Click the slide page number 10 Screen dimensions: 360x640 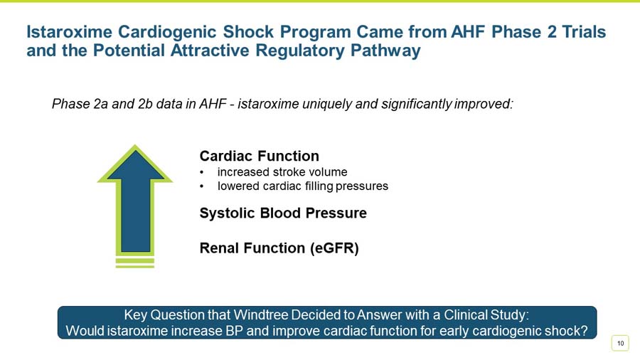pyautogui.click(x=621, y=344)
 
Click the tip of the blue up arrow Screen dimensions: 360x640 pyautogui.click(x=135, y=147)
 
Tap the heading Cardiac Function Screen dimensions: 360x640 pyautogui.click(x=259, y=156)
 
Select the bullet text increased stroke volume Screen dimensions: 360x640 pyautogui.click(x=282, y=172)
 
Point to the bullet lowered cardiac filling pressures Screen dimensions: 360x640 pyautogui.click(x=302, y=186)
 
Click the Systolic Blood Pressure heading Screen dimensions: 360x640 pyautogui.click(x=283, y=213)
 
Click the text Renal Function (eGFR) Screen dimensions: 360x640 pyautogui.click(x=279, y=248)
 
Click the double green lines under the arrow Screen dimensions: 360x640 pyautogui.click(x=135, y=262)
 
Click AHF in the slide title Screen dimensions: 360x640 pyautogui.click(x=471, y=33)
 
